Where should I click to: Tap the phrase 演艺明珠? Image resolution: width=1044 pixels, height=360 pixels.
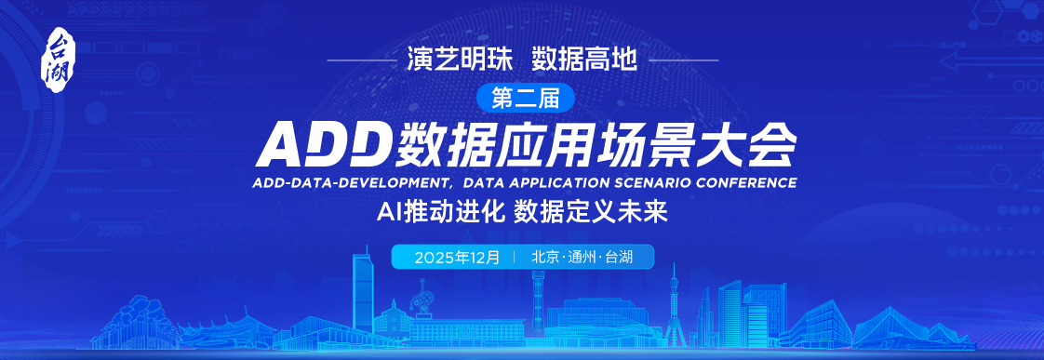click(x=460, y=61)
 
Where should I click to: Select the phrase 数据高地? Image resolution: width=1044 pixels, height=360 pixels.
click(x=584, y=61)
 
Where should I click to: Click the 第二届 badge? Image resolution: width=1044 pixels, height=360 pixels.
click(x=526, y=100)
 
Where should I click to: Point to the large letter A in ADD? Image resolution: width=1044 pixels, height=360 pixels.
click(x=286, y=145)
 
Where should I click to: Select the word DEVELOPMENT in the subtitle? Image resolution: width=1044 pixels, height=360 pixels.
click(x=390, y=182)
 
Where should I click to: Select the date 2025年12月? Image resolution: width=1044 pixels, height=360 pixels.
click(x=456, y=258)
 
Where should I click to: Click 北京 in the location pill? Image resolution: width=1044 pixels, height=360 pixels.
click(x=545, y=258)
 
